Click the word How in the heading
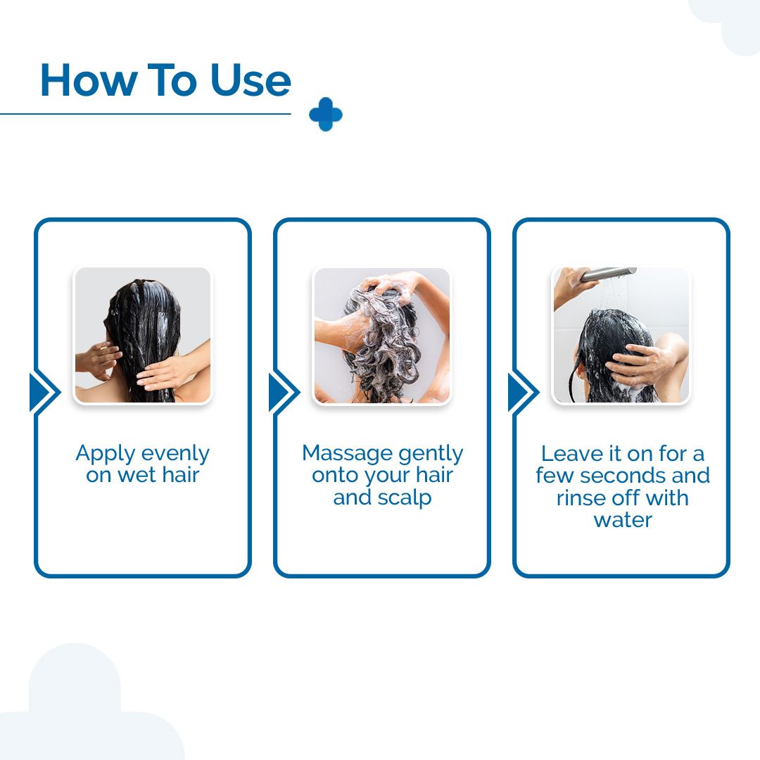88,80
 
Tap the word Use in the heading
251,80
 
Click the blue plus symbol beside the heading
326,115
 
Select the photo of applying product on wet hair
143,335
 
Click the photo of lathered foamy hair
382,336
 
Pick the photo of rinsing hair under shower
621,336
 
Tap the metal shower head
608,274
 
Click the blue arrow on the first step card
44,392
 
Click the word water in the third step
623,520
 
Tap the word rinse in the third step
580,498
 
